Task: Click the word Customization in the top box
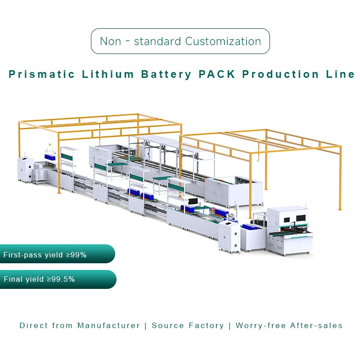tap(223, 41)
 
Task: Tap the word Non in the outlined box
tap(111, 41)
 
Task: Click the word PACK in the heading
tap(217, 74)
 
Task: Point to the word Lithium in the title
tap(108, 74)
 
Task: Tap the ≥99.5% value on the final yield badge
tap(61, 279)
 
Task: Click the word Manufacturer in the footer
tap(108, 325)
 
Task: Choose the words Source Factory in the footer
tap(188, 325)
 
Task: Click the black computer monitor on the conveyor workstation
tap(193, 202)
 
